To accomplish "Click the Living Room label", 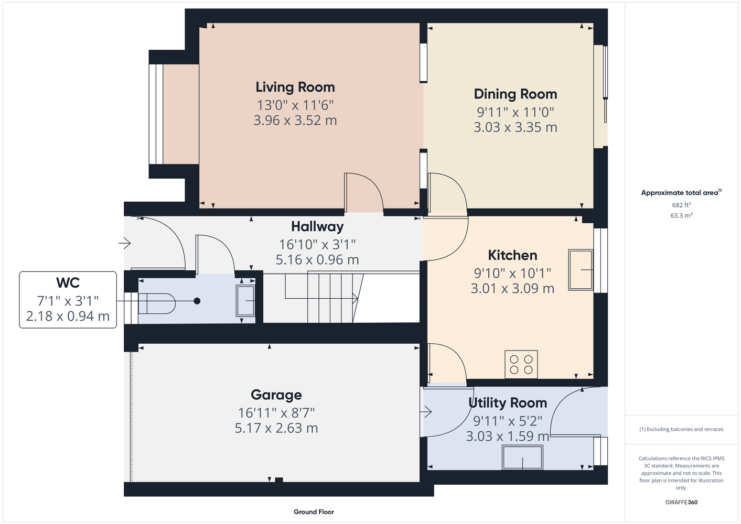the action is [x=295, y=88].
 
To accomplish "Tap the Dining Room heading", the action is [x=516, y=94].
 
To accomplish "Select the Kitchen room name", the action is [x=512, y=255].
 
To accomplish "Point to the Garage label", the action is [x=276, y=395].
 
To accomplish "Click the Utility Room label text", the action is [x=508, y=402].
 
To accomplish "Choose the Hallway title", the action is [x=317, y=227].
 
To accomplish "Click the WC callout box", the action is [x=68, y=300].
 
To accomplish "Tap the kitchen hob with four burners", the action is [x=521, y=364].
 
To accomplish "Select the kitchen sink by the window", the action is [x=581, y=270].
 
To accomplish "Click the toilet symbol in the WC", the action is [x=156, y=303].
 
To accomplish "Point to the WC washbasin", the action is [x=245, y=301].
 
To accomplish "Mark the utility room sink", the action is [x=522, y=457].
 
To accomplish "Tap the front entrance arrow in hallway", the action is [x=125, y=243].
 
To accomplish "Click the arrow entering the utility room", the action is [x=426, y=412].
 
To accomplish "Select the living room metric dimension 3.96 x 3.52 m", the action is [x=295, y=121].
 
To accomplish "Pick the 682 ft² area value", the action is [x=681, y=205].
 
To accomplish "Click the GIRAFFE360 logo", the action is [x=681, y=502].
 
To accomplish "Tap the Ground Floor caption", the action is [x=314, y=512].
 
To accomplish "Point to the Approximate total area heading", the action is [x=681, y=192].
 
